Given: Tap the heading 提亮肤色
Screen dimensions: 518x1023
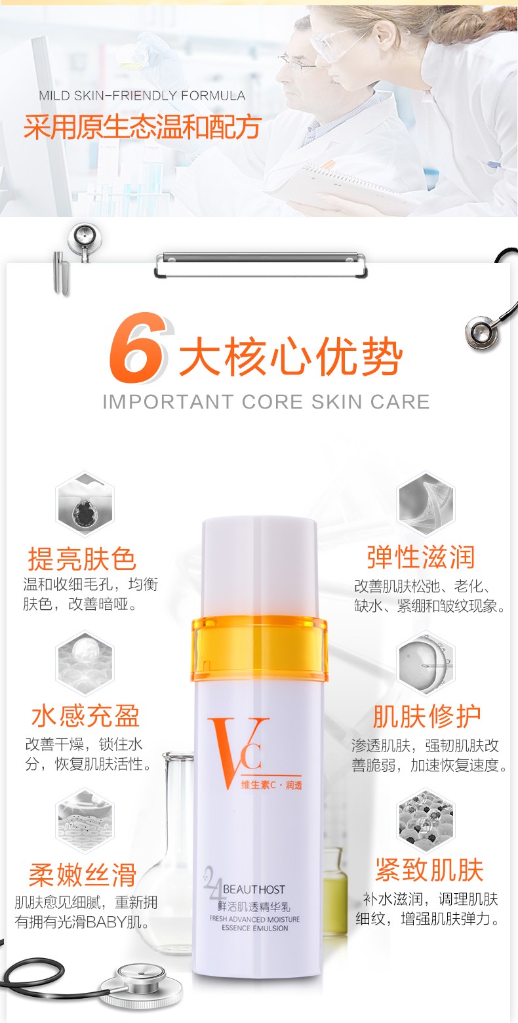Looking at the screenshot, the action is (x=82, y=559).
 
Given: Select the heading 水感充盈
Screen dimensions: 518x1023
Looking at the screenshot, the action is (x=85, y=715).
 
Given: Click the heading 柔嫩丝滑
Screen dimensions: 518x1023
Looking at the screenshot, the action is (x=83, y=875).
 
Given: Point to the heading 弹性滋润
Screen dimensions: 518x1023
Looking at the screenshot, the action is (x=421, y=557).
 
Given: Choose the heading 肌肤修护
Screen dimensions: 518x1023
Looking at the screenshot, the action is (x=427, y=716).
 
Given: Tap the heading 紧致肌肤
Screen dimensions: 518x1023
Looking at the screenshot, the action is (x=429, y=870).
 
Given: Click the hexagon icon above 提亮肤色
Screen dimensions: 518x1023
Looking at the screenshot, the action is (x=85, y=503).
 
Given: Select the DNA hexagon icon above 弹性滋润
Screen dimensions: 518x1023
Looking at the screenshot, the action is (x=426, y=503).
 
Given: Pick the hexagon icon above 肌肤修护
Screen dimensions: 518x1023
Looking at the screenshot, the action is (x=426, y=663).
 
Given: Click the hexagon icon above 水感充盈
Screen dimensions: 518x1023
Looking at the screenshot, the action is (x=85, y=663).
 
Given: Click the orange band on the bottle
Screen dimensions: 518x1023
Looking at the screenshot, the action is (x=259, y=649).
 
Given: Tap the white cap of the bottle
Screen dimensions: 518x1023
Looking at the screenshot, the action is (x=260, y=567).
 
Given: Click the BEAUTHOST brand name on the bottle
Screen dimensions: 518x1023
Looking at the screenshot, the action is (x=254, y=889).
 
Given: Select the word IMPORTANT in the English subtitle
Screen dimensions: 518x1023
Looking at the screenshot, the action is (x=168, y=402).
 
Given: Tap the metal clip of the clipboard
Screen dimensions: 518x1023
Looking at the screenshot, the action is (x=260, y=264).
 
